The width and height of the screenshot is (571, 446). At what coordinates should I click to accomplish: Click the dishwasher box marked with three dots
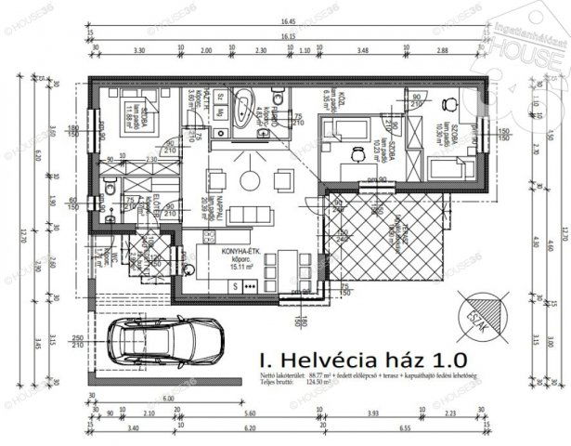tap(250, 287)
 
